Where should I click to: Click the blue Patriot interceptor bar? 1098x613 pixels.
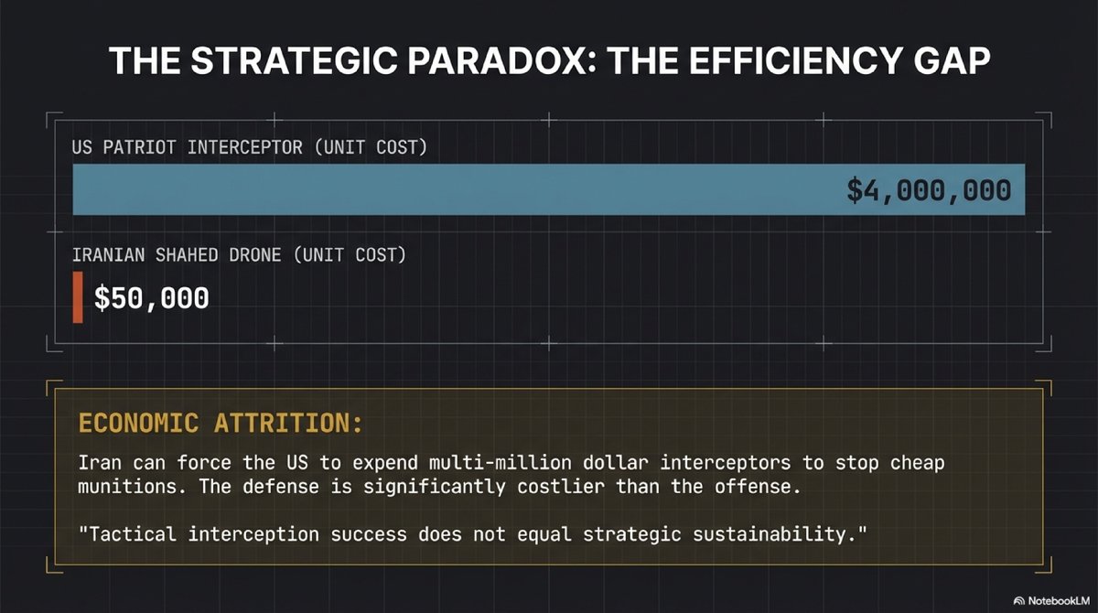point(457,189)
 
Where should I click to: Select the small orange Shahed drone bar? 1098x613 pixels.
point(78,296)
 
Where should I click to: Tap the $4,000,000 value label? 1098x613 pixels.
point(929,190)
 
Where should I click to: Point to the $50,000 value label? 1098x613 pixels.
point(152,297)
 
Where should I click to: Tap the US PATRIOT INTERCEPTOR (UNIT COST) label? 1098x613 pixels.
point(250,147)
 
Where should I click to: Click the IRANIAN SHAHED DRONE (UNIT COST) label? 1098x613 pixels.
point(239,255)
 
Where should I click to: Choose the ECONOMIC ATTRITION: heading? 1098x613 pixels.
point(221,425)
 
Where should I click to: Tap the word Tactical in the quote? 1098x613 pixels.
point(124,532)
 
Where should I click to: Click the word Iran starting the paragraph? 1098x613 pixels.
point(97,463)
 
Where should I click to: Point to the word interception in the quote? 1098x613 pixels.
point(241,532)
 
